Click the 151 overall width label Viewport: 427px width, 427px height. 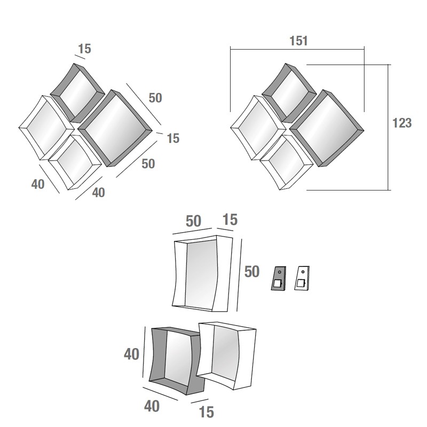298,41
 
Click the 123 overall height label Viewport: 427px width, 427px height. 402,123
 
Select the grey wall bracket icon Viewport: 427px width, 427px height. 279,278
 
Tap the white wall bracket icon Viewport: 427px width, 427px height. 302,278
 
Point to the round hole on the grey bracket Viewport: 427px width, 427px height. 280,272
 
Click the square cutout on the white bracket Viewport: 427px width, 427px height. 301,284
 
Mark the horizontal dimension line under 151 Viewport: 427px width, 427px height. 297,49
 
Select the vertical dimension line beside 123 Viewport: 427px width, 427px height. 388,128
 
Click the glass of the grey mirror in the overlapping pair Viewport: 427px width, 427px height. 178,356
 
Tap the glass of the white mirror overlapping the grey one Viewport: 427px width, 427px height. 225,351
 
